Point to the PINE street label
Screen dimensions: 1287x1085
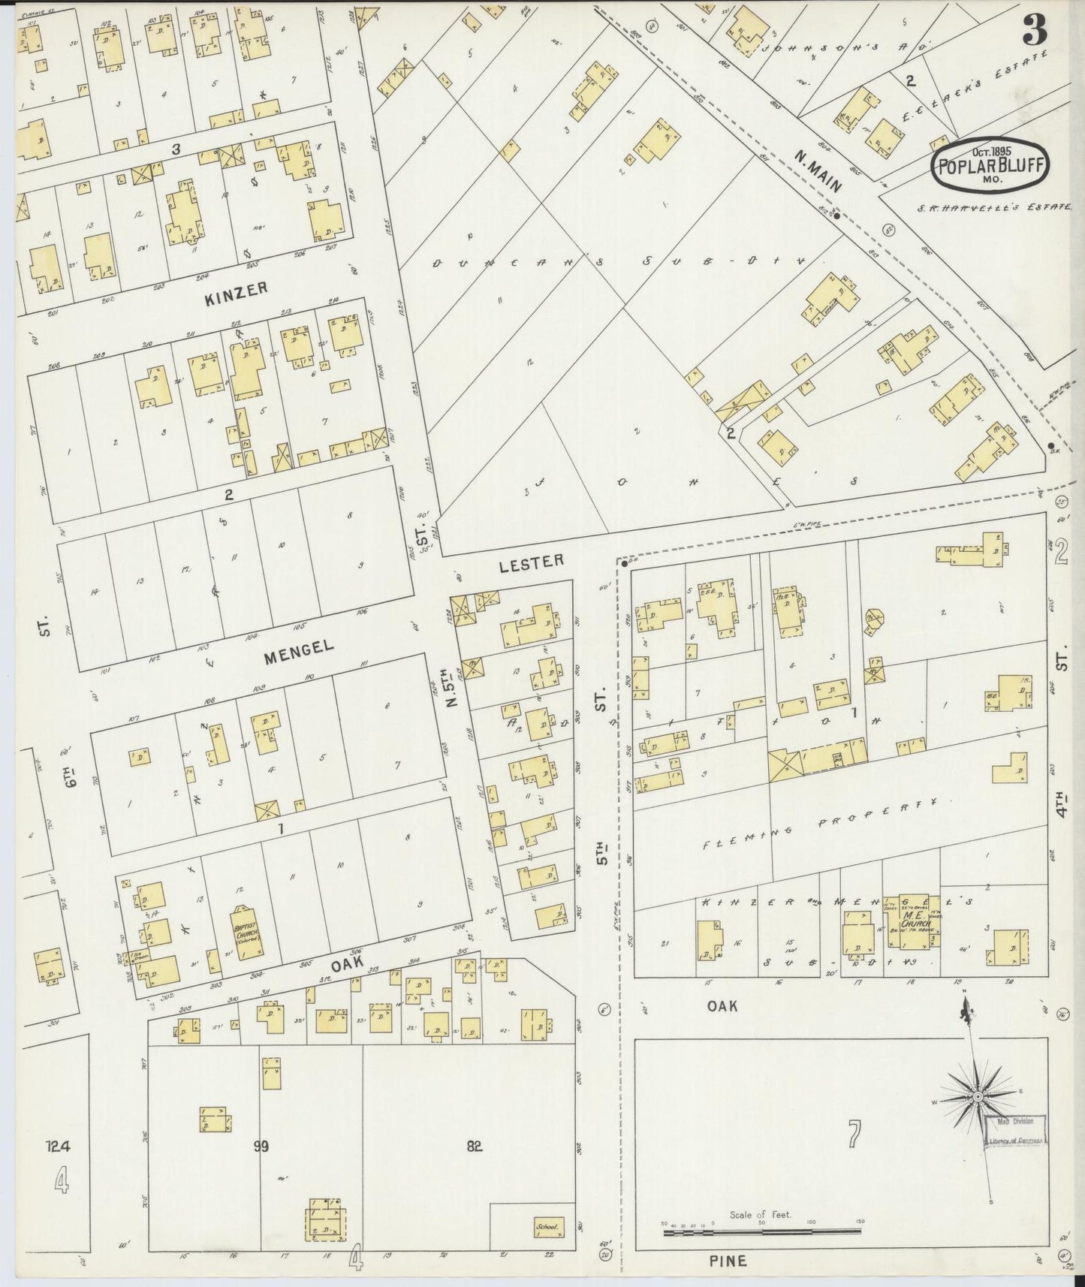727,1261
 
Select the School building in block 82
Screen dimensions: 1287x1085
548,1227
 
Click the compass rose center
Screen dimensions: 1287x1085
978,1098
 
